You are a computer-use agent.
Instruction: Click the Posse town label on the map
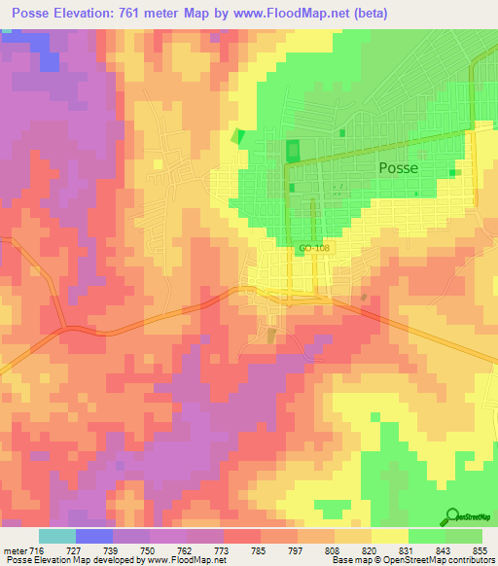coord(398,167)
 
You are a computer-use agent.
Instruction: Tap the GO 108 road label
coord(314,249)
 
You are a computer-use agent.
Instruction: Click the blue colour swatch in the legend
coord(94,536)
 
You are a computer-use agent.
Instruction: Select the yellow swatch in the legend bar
coord(389,536)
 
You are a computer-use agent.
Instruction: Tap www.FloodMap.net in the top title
coord(311,14)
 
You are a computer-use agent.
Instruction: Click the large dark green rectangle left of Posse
coord(293,152)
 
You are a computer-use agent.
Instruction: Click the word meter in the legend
coord(16,549)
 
